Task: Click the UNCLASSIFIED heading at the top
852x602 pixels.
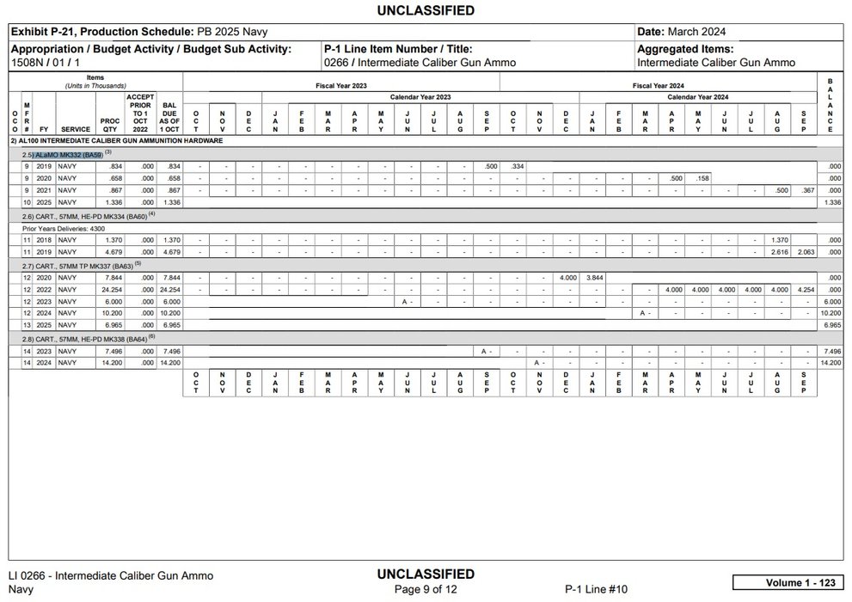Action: coord(426,10)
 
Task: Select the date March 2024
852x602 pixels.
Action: coord(696,32)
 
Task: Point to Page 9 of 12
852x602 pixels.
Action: coord(425,589)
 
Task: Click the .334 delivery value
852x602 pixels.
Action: coord(516,166)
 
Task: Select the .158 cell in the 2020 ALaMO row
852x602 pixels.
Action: coord(701,178)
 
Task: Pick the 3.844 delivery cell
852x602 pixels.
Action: coord(594,278)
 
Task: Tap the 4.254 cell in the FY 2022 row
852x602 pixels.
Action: coord(806,290)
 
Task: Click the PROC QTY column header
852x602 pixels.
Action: coord(109,125)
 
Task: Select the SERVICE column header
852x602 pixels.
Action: coord(75,129)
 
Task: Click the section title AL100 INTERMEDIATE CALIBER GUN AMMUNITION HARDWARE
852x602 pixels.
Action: coord(116,139)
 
